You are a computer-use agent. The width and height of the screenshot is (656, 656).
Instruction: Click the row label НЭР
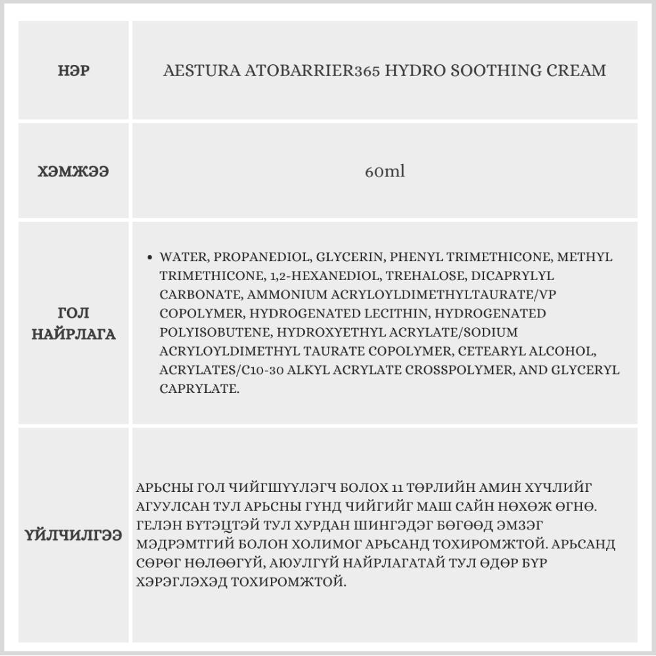(x=73, y=71)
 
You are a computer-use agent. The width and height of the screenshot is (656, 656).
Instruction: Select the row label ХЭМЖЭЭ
(x=73, y=172)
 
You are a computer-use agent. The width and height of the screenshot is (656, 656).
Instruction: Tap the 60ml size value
(x=384, y=172)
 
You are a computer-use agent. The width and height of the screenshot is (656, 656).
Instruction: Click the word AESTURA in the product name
(x=192, y=71)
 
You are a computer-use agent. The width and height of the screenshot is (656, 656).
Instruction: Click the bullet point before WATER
(x=152, y=257)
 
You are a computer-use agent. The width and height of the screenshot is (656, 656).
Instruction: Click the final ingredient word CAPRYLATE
(x=197, y=389)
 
